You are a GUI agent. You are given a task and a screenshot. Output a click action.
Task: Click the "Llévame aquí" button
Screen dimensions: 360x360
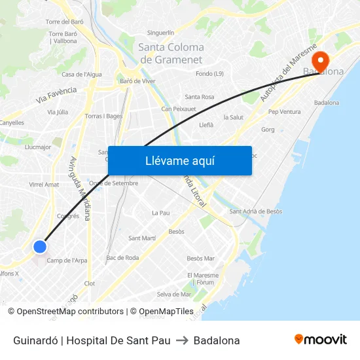click(x=179, y=160)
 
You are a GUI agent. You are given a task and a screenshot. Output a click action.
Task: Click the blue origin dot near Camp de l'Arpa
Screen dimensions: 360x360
click(x=40, y=247)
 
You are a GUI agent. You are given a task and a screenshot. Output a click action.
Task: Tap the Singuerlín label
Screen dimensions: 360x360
click(x=160, y=32)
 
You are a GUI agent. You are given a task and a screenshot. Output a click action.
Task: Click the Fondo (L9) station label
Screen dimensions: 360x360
click(x=209, y=74)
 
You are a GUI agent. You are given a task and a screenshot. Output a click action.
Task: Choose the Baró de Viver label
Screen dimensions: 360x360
click(x=137, y=81)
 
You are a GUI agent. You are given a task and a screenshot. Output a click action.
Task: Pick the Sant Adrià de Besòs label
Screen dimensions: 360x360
click(x=255, y=211)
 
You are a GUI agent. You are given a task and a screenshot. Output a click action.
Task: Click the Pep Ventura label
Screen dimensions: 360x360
click(x=285, y=112)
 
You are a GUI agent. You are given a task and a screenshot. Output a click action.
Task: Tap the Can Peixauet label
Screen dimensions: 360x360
click(x=179, y=109)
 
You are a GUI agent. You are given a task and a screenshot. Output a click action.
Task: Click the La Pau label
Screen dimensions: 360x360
click(x=160, y=213)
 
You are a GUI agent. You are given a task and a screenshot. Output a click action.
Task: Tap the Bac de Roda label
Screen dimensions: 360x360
click(x=122, y=258)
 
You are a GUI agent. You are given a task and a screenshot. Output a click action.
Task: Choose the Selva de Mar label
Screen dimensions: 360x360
click(x=173, y=294)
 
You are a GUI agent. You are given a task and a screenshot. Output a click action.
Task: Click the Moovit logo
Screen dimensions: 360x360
click(x=320, y=340)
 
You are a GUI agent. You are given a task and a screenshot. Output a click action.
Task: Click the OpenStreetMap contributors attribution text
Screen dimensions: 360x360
click(x=70, y=312)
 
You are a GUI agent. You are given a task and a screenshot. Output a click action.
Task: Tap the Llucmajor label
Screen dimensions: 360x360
click(x=37, y=147)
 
